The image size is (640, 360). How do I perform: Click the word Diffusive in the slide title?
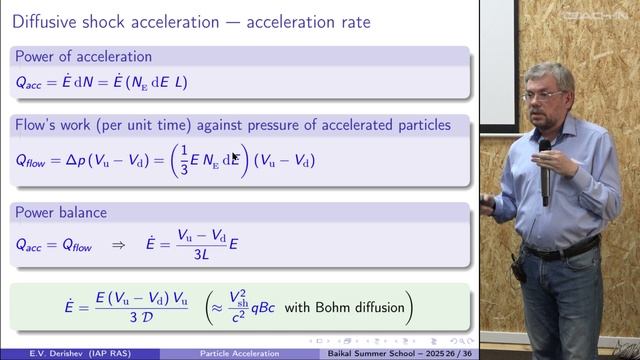[46, 21]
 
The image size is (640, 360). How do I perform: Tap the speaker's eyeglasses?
[543, 96]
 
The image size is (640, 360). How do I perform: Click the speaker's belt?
[560, 249]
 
